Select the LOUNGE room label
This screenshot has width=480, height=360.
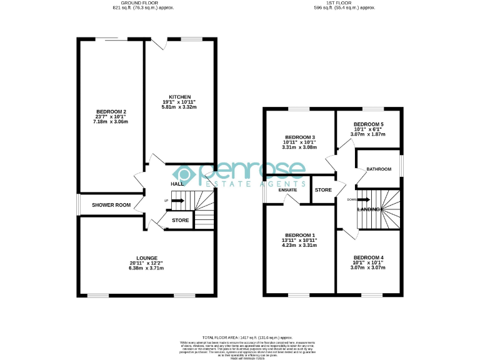pos(146,257)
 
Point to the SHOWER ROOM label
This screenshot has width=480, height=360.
pos(111,205)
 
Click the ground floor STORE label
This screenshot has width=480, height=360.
pos(181,220)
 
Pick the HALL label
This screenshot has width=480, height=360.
pos(177,184)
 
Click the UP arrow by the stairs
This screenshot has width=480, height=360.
pos(177,201)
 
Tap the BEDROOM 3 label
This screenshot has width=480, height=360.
pos(299,137)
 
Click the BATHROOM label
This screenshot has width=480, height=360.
pos(379,169)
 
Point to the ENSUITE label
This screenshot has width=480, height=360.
pos(287,189)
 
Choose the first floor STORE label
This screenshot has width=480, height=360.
pos(323,190)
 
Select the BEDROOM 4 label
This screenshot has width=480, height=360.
pos(368,257)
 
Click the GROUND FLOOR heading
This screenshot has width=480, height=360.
pos(143,3)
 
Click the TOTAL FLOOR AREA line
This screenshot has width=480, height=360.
pos(247,337)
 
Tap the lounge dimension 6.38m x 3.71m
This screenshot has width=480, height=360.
pos(146,268)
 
